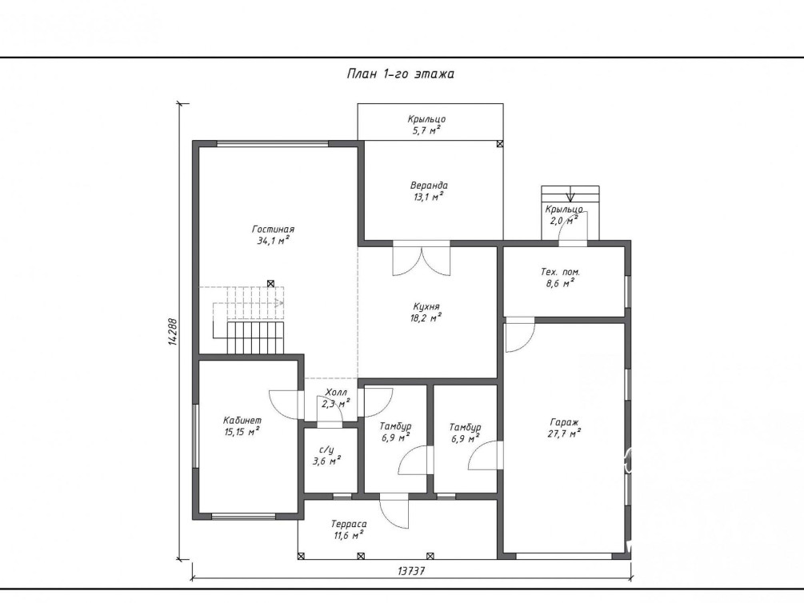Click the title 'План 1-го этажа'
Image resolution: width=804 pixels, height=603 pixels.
pyautogui.click(x=401, y=74)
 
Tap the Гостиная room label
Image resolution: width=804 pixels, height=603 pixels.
pyautogui.click(x=274, y=230)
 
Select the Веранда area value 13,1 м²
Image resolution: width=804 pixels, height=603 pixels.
pyautogui.click(x=429, y=197)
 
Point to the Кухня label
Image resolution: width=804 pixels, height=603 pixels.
pyautogui.click(x=426, y=306)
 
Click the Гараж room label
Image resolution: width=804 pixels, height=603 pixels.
pyautogui.click(x=564, y=422)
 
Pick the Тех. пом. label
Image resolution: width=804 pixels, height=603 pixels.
pyautogui.click(x=561, y=272)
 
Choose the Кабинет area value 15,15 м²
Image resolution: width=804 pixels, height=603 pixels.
pyautogui.click(x=242, y=432)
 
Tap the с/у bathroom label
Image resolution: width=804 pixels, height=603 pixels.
pyautogui.click(x=326, y=450)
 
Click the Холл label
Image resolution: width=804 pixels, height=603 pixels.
pyautogui.click(x=336, y=393)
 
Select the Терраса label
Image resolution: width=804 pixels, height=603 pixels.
pyautogui.click(x=349, y=524)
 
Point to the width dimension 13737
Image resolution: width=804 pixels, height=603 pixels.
pyautogui.click(x=411, y=571)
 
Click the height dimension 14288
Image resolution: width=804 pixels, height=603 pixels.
pyautogui.click(x=173, y=332)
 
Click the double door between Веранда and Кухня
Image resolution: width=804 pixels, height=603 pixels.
pyautogui.click(x=422, y=261)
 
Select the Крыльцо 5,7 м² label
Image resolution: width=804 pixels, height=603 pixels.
pyautogui.click(x=426, y=125)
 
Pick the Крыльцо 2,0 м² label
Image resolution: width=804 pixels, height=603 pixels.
pyautogui.click(x=563, y=215)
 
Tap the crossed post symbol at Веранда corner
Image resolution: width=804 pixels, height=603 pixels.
pyautogui.click(x=500, y=144)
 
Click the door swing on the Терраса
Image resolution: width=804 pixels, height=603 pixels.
pyautogui.click(x=394, y=512)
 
